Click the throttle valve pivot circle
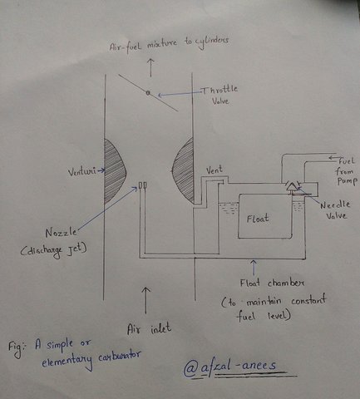pos(148,93)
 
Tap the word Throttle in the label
pos(220,90)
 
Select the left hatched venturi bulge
pos(116,171)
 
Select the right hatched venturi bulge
pos(183,170)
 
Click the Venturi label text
pos(82,171)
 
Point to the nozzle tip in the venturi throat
pos(143,185)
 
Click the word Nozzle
pos(61,232)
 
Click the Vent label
pos(215,170)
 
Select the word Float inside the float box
pos(258,219)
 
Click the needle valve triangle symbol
pos(291,187)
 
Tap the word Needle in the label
pos(335,205)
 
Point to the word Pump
pos(346,181)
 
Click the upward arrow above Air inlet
pos(145,300)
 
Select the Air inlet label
pos(149,329)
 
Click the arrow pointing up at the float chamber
pos(253,268)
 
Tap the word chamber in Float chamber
pos(286,283)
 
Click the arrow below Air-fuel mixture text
pos(150,67)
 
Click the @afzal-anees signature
pos(230,367)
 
